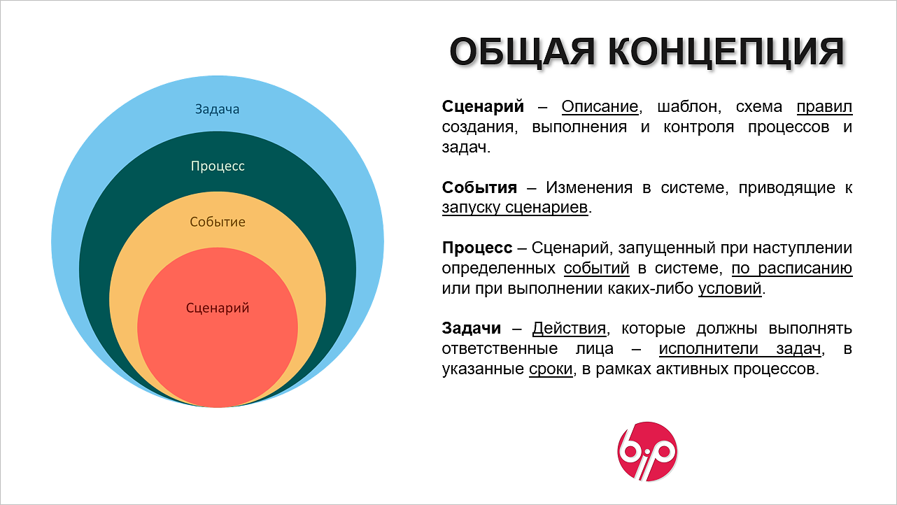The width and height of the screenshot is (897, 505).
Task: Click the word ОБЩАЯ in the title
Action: [522, 52]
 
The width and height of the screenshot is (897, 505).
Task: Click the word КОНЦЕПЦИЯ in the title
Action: [726, 52]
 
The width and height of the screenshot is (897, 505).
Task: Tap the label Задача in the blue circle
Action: [217, 109]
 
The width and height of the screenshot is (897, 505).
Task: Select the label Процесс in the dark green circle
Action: [218, 166]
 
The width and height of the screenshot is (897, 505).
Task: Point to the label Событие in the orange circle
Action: [218, 222]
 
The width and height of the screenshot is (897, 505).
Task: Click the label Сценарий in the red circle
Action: [218, 308]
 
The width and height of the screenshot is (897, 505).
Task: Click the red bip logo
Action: [647, 451]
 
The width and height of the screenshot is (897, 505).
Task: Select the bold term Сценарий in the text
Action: [483, 106]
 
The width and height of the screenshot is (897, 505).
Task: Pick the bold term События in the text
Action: [479, 187]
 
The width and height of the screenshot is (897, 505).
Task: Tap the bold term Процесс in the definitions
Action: [477, 248]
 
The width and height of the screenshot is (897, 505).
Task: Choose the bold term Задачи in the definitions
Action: [472, 329]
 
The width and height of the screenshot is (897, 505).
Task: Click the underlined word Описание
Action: [600, 106]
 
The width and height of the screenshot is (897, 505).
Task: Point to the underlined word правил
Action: [824, 107]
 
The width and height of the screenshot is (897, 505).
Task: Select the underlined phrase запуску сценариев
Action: [515, 207]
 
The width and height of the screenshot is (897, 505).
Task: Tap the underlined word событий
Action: [596, 268]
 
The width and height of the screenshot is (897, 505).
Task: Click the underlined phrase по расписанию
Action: [792, 268]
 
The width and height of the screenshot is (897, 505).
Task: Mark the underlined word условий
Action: [730, 288]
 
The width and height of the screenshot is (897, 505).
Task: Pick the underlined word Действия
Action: [569, 329]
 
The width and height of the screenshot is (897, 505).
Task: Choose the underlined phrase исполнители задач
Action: [740, 349]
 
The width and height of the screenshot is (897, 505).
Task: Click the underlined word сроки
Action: [551, 369]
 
